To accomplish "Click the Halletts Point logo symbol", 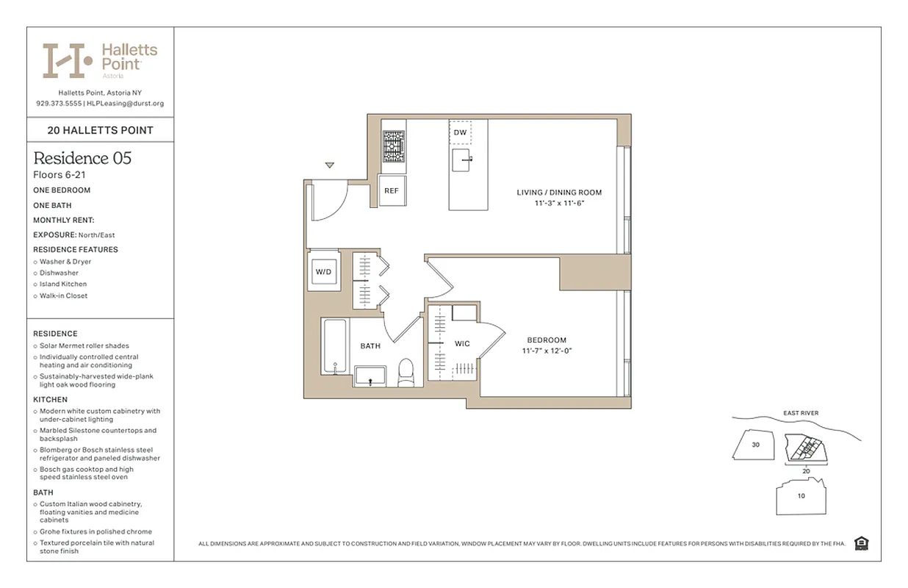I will pos(67,60).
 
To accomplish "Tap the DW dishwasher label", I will pos(460,132).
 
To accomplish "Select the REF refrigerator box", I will pos(392,190).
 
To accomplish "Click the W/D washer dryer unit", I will pos(323,272).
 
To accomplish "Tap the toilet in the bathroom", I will pos(406,373).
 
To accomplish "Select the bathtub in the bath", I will pos(336,352).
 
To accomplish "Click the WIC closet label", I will pos(462,344).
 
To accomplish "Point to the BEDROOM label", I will pos(547,340).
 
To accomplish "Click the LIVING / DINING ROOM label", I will pos(559,193).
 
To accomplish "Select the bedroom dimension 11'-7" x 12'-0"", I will pos(547,351).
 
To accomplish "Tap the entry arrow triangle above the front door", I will pos(330,165).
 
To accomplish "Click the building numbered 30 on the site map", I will pos(755,445).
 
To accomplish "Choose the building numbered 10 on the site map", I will pos(801,496).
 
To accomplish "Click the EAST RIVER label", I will pos(800,413).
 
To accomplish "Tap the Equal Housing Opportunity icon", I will pos(862,543).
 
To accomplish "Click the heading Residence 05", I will pos(82,158).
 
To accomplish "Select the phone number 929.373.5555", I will pos(58,104).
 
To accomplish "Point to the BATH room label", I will pos(370,346).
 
